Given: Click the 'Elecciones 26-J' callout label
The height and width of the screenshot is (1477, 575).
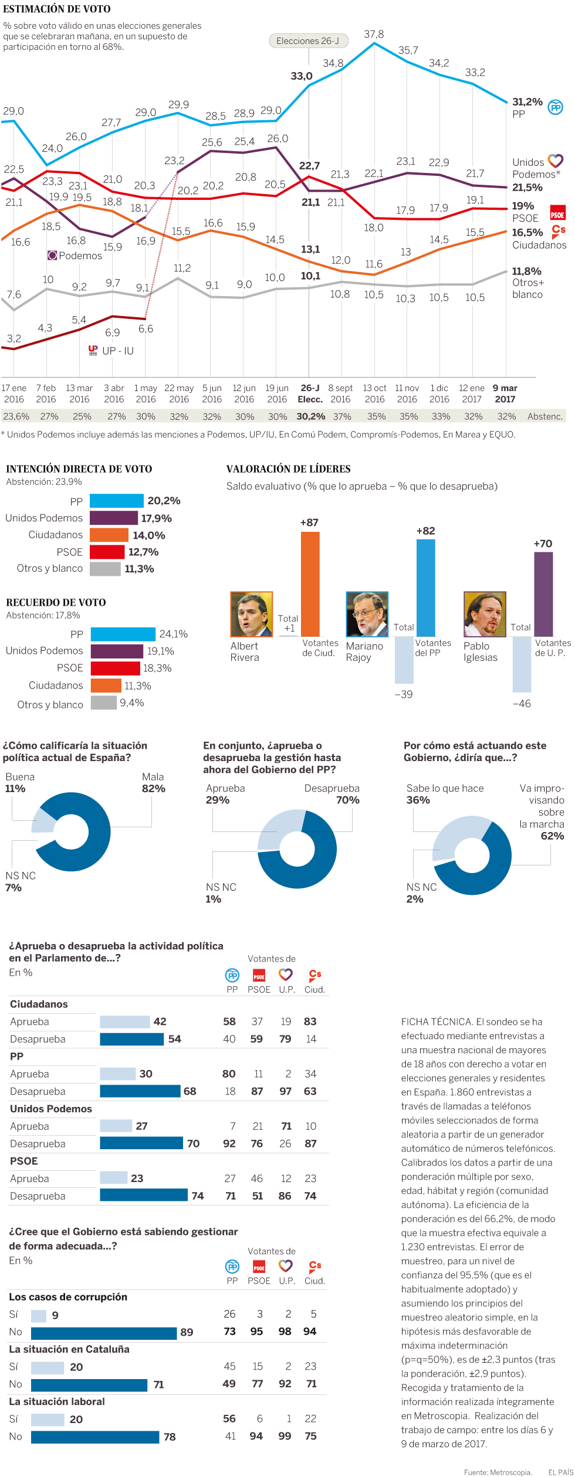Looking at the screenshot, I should tap(308, 41).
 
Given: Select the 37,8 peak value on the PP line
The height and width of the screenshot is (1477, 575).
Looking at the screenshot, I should tap(374, 34).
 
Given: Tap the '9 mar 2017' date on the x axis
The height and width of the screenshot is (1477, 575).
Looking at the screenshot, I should tap(505, 393).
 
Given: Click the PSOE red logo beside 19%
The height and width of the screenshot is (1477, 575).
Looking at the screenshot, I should tap(557, 212).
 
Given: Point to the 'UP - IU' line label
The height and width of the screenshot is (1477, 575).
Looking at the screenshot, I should tap(117, 351).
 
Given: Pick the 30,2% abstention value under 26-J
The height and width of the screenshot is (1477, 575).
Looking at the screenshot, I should tap(310, 416).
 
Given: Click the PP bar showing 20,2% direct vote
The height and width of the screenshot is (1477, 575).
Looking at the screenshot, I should tap(116, 501).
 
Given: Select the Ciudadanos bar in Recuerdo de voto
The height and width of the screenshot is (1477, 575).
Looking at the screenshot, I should tap(106, 685).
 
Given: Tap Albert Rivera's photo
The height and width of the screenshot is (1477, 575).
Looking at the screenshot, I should tap(252, 614).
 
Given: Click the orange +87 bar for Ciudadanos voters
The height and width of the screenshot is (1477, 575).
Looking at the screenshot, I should tap(310, 584).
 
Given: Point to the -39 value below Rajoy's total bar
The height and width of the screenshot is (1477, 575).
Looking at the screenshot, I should tap(404, 694).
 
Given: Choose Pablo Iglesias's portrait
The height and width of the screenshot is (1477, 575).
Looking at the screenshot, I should tap(485, 614).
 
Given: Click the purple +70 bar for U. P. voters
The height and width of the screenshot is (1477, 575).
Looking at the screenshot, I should tap(543, 594).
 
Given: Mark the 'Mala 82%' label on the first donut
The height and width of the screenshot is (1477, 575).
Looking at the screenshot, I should tap(153, 783).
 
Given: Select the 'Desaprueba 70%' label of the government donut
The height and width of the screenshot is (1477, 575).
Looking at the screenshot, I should tap(332, 794).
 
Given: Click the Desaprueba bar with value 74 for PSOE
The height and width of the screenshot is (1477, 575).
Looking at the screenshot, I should tap(144, 1196).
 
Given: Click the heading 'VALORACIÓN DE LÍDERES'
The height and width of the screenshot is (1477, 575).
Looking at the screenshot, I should tap(289, 469).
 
